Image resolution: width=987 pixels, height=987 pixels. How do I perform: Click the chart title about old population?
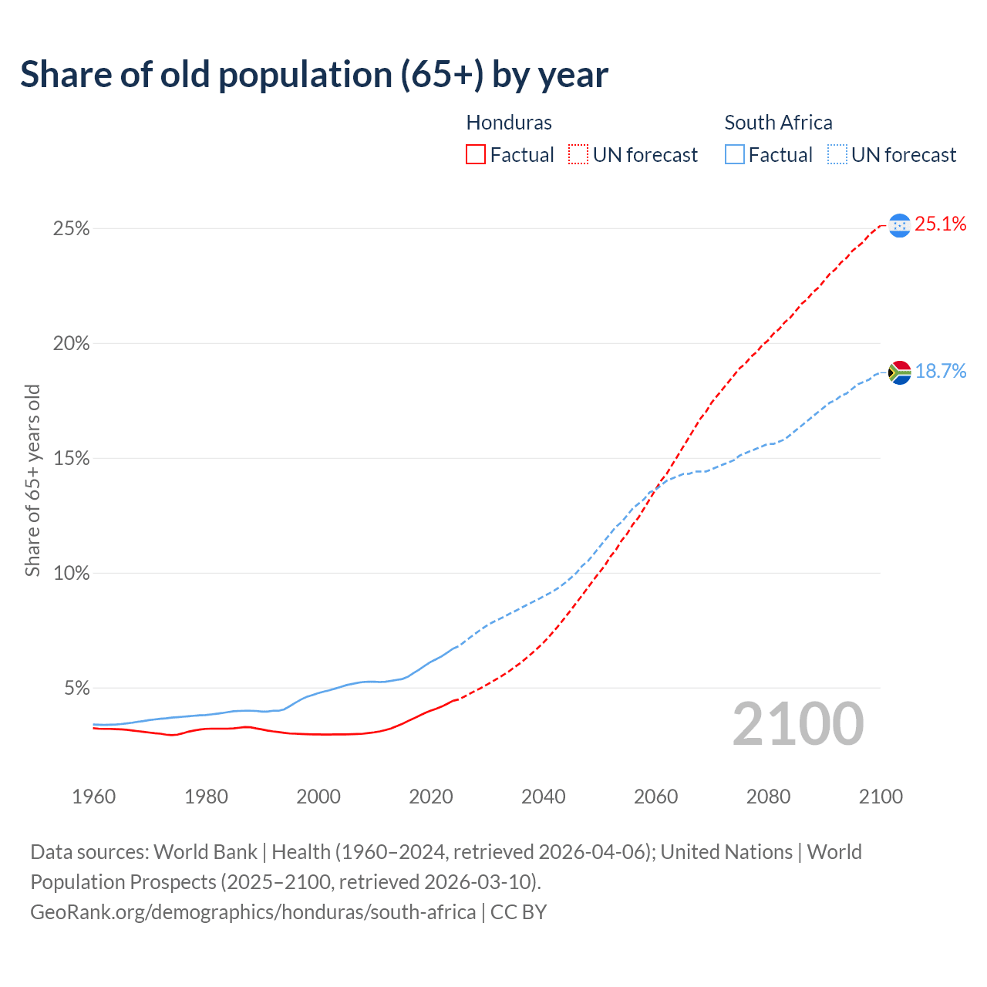(x=314, y=75)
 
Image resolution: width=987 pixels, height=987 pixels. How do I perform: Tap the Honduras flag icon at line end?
(x=899, y=225)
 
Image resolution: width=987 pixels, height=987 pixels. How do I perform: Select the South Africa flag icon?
(x=899, y=372)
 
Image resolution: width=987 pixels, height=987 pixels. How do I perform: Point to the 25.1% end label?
(x=940, y=224)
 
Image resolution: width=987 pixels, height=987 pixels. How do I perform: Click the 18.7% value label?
(x=940, y=372)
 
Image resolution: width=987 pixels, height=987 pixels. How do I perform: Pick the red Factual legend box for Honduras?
(x=476, y=155)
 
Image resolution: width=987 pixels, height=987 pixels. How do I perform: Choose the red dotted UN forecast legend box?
(x=578, y=155)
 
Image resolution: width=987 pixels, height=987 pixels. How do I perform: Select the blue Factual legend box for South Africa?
(x=734, y=155)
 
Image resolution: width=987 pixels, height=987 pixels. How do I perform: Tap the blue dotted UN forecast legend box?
(x=837, y=155)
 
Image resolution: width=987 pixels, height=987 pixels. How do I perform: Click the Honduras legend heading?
(x=509, y=123)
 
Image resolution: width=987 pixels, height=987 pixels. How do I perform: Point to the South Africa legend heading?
(x=778, y=123)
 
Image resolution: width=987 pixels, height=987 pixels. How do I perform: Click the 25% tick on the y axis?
(x=71, y=229)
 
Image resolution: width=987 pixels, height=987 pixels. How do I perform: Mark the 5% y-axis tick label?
(x=76, y=688)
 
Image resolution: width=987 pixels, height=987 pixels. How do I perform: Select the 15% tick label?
(x=71, y=459)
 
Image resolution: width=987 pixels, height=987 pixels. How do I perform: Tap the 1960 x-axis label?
(x=93, y=797)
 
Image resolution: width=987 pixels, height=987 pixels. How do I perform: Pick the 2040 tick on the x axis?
(x=543, y=797)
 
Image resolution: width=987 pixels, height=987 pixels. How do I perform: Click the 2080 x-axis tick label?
(x=768, y=797)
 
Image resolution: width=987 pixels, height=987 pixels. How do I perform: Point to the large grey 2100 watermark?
(x=797, y=724)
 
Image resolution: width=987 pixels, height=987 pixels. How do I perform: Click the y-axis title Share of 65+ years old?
(x=32, y=480)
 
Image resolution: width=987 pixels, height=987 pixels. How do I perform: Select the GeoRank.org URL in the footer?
(x=253, y=912)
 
